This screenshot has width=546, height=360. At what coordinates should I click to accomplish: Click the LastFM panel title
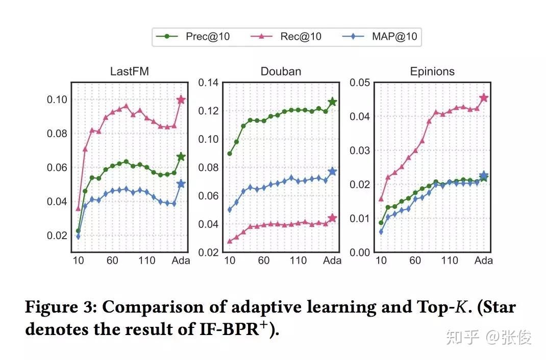coord(129,71)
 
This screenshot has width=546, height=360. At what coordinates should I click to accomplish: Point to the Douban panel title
coord(281,71)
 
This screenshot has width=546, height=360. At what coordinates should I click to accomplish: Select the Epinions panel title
coord(432,71)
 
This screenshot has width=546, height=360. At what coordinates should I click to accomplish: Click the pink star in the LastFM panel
coord(181,100)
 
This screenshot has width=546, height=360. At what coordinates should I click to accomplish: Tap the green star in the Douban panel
coord(333,102)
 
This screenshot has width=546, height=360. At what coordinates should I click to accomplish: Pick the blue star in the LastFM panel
coord(181,184)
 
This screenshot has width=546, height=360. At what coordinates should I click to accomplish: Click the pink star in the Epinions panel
coord(484,97)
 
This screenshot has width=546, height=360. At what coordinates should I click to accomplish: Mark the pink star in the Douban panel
coord(333,218)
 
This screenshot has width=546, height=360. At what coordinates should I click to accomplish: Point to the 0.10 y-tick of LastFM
coord(57,99)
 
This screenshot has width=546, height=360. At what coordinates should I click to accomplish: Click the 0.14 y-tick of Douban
coord(208,83)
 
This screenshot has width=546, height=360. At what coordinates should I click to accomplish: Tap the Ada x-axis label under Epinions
coord(484,261)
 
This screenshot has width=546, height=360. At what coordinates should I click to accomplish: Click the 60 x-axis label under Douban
coord(264,261)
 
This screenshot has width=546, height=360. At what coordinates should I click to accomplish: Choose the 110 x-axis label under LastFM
coord(146,261)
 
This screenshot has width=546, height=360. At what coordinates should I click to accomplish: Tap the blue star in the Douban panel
coord(333,171)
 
